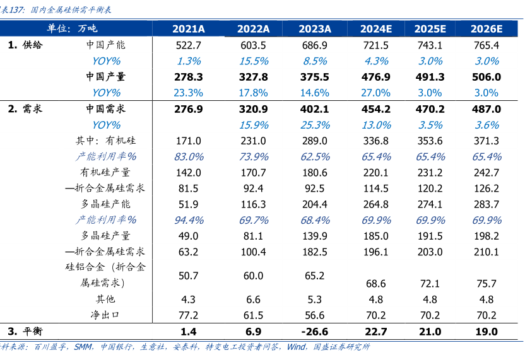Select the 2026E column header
point(486,29)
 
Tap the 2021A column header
point(189,29)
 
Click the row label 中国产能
point(106,45)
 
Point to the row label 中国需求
point(106,109)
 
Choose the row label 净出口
point(106,315)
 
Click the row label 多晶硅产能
point(106,204)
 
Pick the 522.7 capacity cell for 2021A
point(189,45)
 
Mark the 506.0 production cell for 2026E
point(486,77)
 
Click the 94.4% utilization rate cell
point(189,220)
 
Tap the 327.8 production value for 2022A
point(253,77)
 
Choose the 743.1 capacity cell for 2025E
point(430,45)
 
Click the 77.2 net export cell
point(189,315)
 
